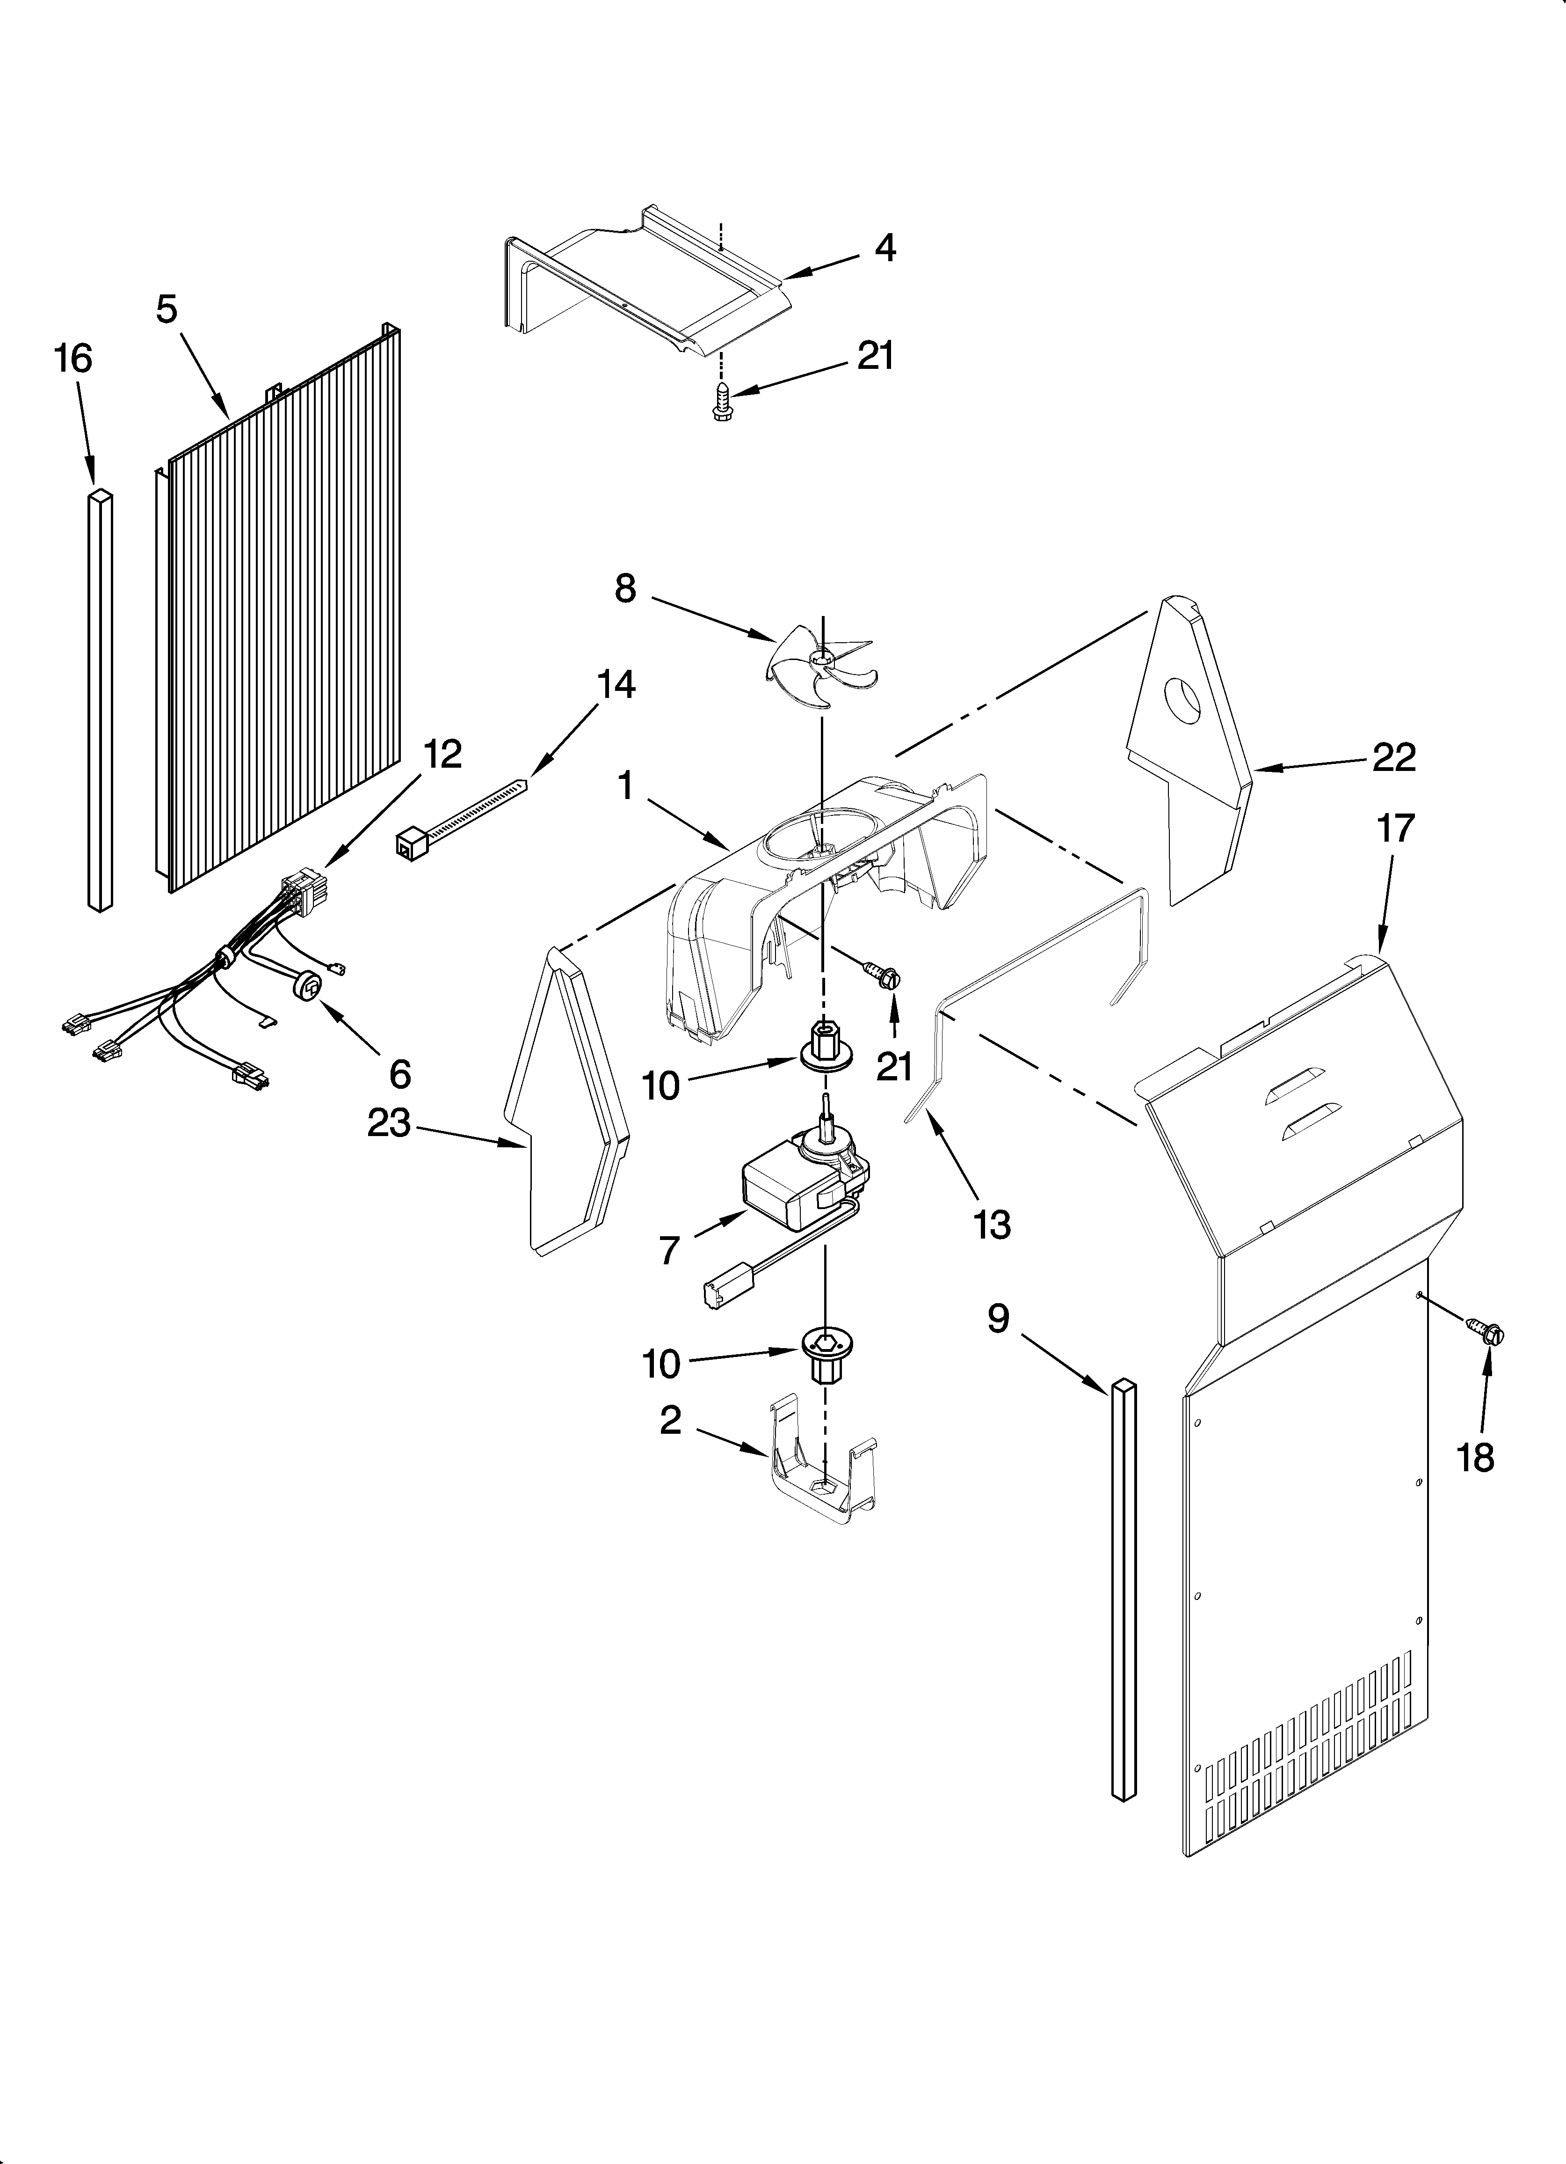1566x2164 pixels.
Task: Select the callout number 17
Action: tap(1394, 828)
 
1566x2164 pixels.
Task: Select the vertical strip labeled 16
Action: tap(100, 701)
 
